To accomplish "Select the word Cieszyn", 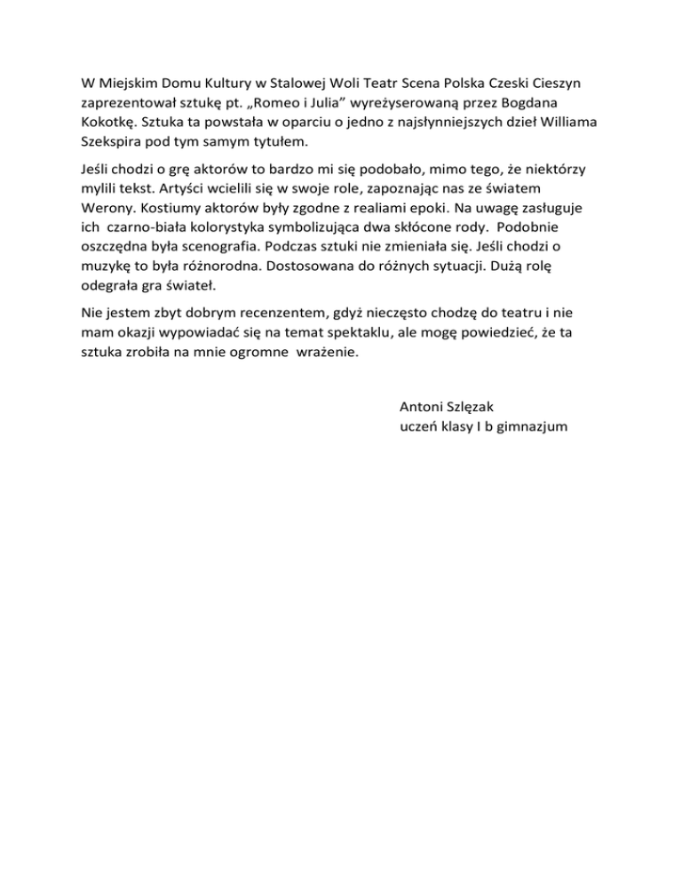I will click(552, 84).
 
